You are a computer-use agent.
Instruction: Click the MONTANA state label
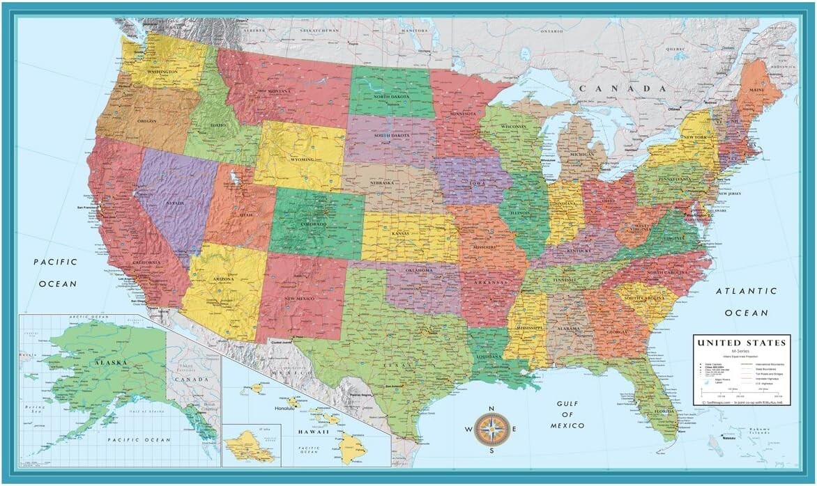pos(279,92)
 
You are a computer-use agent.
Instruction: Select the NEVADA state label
pos(174,203)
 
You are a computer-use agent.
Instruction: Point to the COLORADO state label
pos(312,224)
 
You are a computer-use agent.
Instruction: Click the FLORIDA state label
pos(664,411)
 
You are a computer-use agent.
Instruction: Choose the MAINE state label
pos(756,90)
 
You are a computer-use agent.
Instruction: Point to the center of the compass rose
pos(493,430)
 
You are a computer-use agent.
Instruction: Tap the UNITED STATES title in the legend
pos(742,343)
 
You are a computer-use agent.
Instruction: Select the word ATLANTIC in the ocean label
pos(750,291)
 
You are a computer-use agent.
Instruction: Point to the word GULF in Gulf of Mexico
pos(570,404)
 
